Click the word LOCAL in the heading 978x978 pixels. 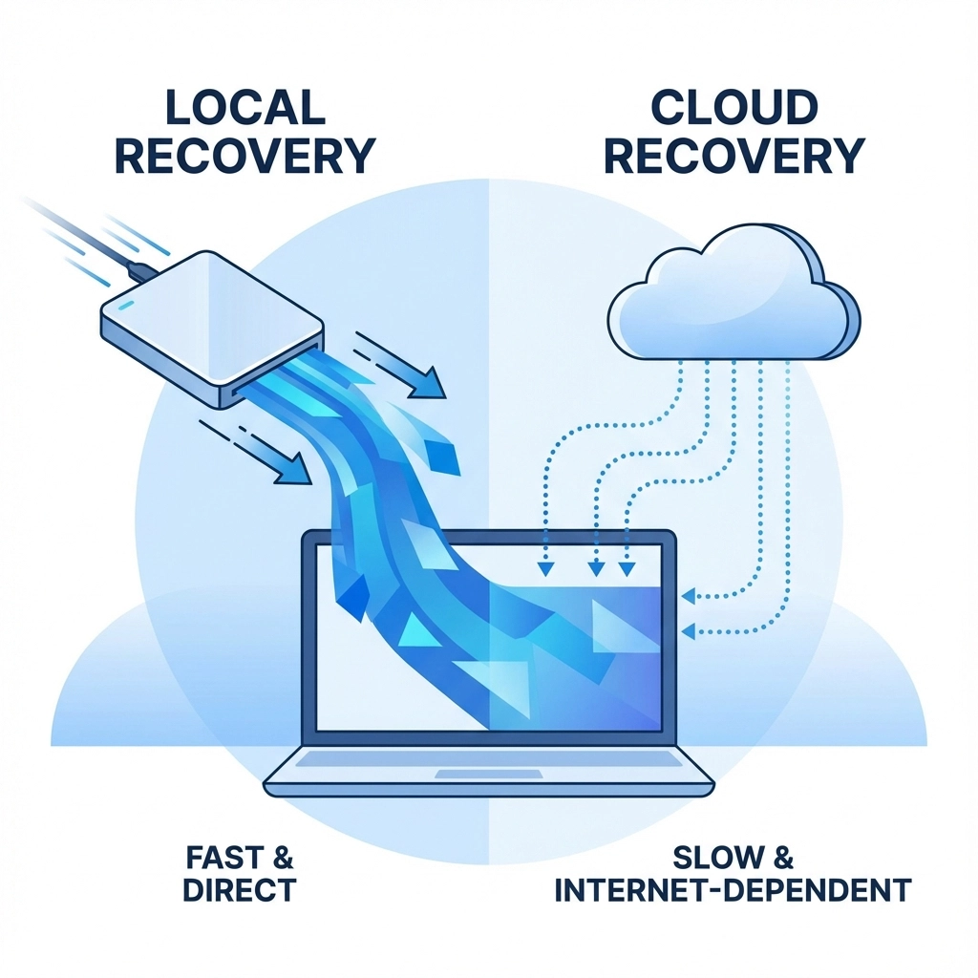click(x=244, y=107)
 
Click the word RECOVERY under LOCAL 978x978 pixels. click(x=244, y=156)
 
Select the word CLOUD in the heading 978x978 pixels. click(x=733, y=107)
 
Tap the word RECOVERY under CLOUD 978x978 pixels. click(x=733, y=156)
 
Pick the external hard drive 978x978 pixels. click(x=210, y=320)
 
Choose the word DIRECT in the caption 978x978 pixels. click(x=239, y=890)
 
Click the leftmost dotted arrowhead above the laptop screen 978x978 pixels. click(x=545, y=570)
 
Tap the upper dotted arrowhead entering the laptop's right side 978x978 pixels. click(x=690, y=598)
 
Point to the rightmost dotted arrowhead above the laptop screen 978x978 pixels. click(x=627, y=570)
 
